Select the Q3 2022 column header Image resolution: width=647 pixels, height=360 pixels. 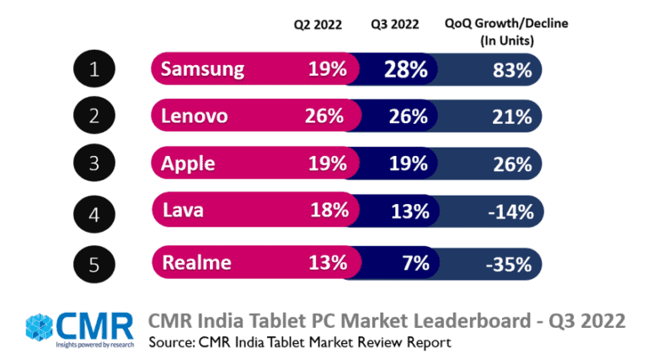[x=395, y=24]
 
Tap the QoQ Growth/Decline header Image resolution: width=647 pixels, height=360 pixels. [x=505, y=30]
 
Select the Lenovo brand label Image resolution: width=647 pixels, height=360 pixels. [x=195, y=116]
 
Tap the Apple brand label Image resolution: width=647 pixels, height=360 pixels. [x=188, y=165]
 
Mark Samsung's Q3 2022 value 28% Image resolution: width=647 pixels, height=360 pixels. [x=405, y=69]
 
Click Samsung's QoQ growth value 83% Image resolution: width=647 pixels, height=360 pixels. [x=512, y=70]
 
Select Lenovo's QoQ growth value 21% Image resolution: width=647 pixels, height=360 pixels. [x=512, y=117]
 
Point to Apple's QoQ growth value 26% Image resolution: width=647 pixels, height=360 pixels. [x=512, y=165]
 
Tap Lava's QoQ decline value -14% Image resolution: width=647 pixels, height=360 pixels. [x=510, y=213]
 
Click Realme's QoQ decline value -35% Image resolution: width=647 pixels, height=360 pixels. [x=510, y=263]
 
